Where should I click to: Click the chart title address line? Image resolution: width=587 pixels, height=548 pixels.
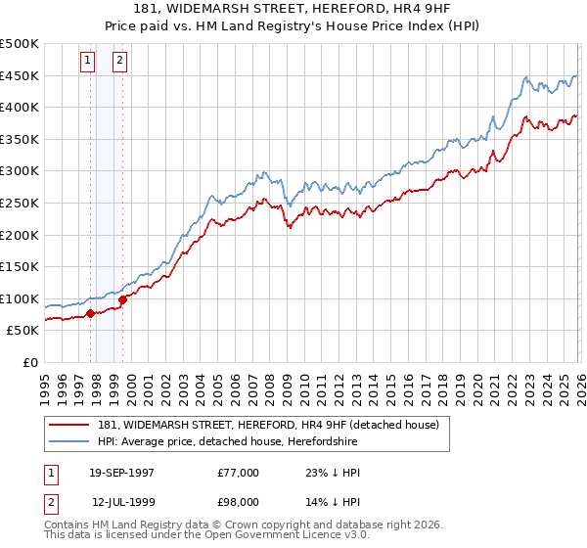point(293,9)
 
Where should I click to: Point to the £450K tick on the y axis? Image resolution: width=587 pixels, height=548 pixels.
point(20,75)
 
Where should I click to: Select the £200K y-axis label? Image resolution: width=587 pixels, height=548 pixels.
point(20,235)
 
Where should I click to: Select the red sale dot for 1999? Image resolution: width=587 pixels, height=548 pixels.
point(122,299)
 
